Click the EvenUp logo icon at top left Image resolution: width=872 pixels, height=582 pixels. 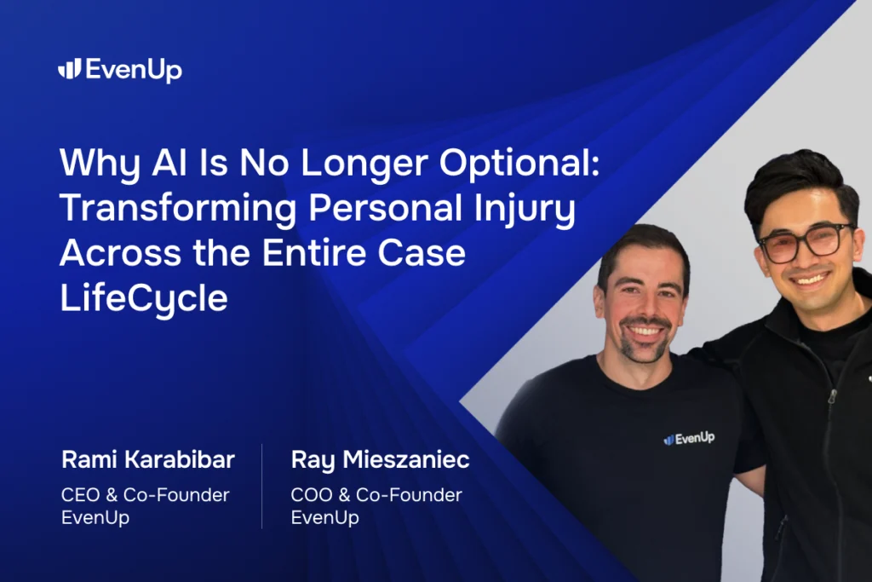69,70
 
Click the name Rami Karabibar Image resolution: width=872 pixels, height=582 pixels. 148,461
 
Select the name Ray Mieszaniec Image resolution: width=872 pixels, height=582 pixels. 380,461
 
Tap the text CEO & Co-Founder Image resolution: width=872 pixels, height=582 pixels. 146,495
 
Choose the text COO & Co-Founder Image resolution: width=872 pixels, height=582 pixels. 376,495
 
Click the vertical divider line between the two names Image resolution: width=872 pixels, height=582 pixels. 262,486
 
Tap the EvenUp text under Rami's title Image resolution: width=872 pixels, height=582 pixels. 95,517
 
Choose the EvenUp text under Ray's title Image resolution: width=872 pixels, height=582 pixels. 324,517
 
